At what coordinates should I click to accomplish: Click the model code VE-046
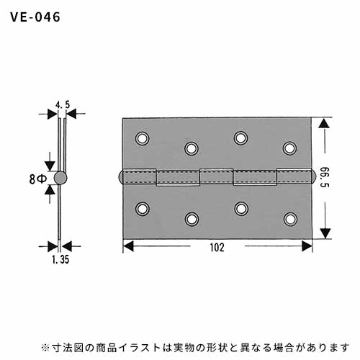[x=35, y=17]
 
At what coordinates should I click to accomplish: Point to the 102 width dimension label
[x=217, y=248]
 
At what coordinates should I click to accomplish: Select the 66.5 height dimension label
[x=325, y=177]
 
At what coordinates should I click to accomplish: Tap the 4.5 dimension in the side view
[x=63, y=104]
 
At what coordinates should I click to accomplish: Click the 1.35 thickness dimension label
[x=60, y=259]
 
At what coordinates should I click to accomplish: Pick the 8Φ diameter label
[x=38, y=179]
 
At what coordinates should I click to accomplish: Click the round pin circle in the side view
[x=60, y=178]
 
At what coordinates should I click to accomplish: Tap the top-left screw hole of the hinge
[x=142, y=138]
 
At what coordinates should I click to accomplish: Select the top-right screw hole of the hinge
[x=289, y=148]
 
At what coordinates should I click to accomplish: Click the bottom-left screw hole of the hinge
[x=143, y=209]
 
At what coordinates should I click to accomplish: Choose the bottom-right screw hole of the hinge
[x=290, y=219]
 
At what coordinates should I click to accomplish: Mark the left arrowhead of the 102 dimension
[x=128, y=246]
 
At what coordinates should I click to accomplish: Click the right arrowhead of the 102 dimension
[x=307, y=246]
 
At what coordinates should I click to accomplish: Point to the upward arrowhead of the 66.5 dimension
[x=324, y=124]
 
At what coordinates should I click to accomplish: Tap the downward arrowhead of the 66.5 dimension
[x=325, y=233]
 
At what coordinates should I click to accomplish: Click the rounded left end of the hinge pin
[x=120, y=177]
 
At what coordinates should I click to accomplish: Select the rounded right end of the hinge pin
[x=313, y=177]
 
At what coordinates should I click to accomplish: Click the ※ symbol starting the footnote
[x=45, y=348]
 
